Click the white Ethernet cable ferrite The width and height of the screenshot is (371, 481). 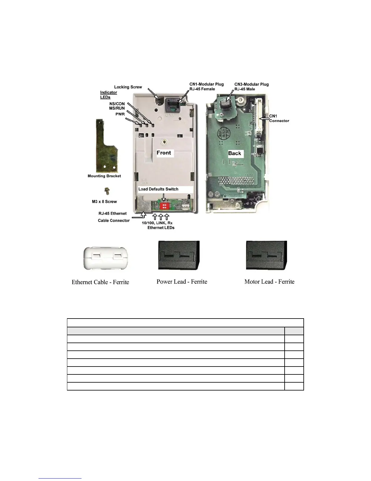point(105,258)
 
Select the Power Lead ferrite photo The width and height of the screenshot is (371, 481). point(179,255)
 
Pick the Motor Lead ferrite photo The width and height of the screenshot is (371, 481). point(266,255)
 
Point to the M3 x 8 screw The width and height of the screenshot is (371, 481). point(106,191)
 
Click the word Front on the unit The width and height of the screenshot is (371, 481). point(164,153)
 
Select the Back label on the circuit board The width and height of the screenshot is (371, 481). point(235,153)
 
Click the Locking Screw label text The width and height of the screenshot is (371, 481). point(128,87)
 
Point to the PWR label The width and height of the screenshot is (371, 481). point(120,114)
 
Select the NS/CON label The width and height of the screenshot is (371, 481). point(117,104)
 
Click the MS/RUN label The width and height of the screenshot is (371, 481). point(117,108)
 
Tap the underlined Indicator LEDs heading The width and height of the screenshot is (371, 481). point(108,95)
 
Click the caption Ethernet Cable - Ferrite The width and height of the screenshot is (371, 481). point(100,282)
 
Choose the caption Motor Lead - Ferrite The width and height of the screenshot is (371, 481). point(269,282)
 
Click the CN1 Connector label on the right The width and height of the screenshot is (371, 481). point(279,118)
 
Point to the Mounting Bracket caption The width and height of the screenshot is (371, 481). point(104,176)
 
